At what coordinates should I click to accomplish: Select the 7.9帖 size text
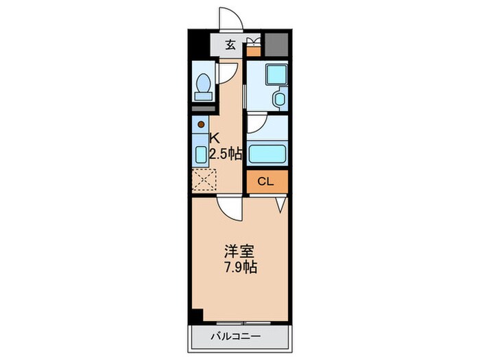pos(238,268)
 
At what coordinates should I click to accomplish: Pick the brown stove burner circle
pos(201,125)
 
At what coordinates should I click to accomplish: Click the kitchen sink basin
pos(201,154)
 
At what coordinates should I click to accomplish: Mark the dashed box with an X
pos(204,181)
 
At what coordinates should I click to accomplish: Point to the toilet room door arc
pos(229,73)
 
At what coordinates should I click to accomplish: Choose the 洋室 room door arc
pos(230,210)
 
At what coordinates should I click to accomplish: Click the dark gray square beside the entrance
pos(276,45)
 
